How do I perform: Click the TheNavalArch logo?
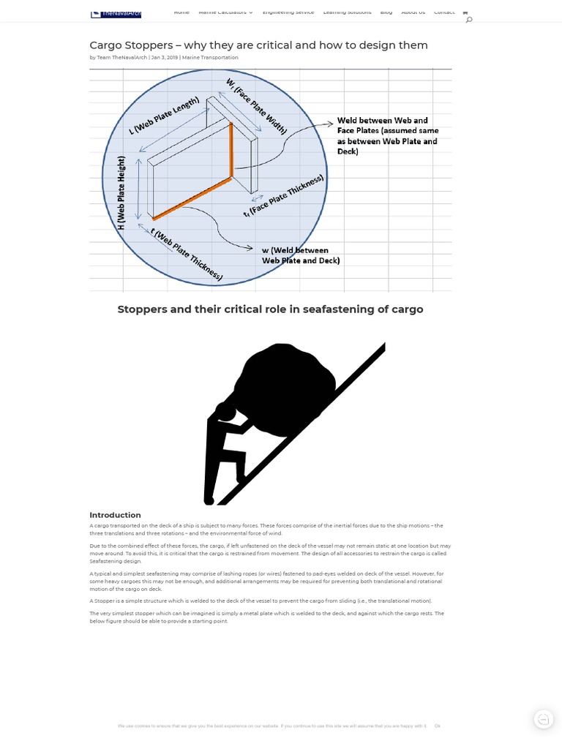[116, 13]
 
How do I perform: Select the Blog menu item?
[386, 12]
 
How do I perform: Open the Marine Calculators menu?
[225, 12]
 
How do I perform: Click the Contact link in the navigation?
[443, 12]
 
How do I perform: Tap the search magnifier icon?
[469, 20]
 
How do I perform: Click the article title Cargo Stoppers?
[258, 45]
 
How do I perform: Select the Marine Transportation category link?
[210, 58]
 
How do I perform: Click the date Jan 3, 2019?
[164, 58]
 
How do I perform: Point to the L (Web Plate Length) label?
[163, 116]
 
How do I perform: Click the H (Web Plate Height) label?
[121, 193]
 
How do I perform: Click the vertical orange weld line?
[232, 150]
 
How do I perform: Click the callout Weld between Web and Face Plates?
[387, 136]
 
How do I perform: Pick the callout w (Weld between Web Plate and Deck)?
[301, 255]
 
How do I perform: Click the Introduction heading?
[115, 515]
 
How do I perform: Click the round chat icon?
[543, 719]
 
